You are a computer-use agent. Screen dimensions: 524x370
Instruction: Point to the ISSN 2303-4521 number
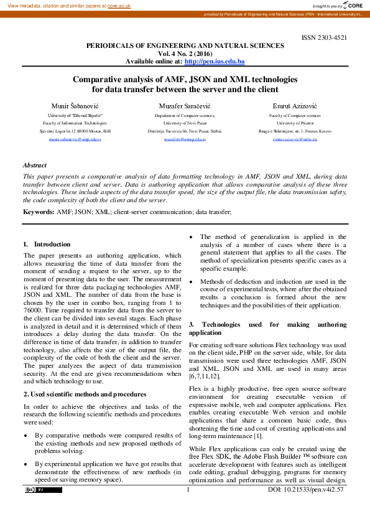pos(324,38)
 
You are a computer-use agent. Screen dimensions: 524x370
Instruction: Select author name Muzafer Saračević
pos(185,106)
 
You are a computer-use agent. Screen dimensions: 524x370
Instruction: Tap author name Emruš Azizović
pos(295,106)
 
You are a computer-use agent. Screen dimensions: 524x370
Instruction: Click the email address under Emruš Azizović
pos(295,139)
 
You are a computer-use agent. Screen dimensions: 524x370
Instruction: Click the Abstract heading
pos(34,166)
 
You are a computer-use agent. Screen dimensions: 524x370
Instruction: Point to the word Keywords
pos(38,212)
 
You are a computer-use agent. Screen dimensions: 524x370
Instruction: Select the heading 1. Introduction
pos(47,245)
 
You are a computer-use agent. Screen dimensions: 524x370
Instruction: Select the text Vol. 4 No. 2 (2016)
pos(185,54)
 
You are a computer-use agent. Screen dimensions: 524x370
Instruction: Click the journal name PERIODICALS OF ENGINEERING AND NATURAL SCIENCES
pos(185,46)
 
